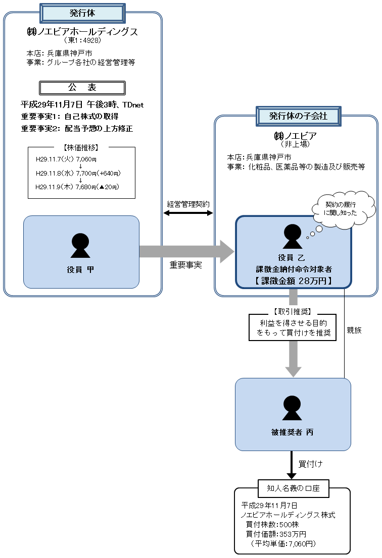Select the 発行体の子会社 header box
(298, 116)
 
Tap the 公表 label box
(82, 88)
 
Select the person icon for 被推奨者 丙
(293, 408)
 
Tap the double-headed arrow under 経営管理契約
(188, 213)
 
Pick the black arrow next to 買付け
(291, 465)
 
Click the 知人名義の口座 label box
(293, 488)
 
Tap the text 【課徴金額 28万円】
(293, 281)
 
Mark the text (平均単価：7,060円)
(283, 544)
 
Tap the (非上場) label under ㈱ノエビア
(296, 144)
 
